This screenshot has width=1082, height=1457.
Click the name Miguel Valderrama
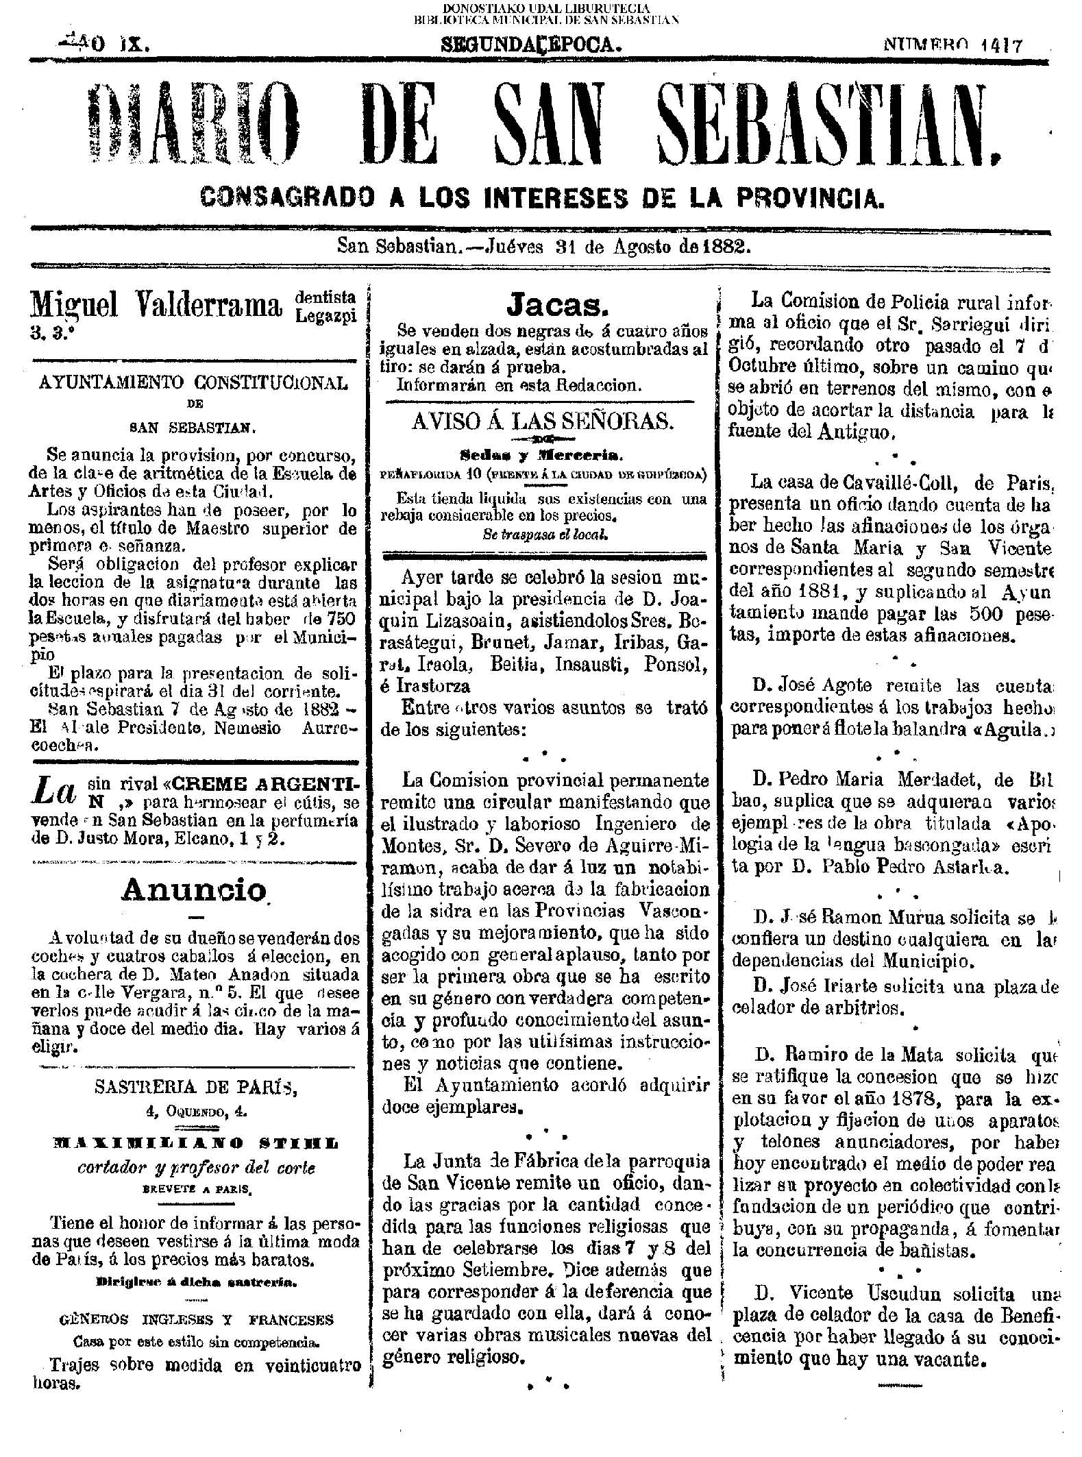(156, 305)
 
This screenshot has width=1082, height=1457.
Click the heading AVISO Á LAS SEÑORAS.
(542, 421)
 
